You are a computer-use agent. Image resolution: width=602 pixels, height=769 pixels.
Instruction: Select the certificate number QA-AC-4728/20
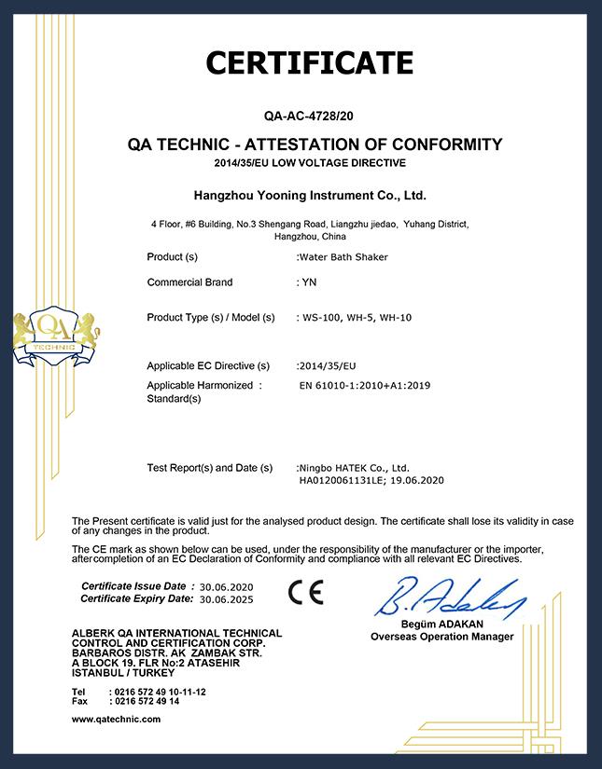point(309,118)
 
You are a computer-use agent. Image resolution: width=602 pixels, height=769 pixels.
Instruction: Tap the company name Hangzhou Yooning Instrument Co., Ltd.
point(309,197)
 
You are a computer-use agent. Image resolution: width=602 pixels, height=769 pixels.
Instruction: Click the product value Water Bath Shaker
point(343,256)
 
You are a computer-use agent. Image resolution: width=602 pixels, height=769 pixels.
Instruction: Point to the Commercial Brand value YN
point(304,282)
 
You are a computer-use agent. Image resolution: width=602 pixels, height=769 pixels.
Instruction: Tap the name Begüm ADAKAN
point(441,625)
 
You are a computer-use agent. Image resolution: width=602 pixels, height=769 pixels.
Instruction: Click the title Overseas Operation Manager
point(441,637)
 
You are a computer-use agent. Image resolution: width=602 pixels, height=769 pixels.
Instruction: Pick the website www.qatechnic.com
point(116,720)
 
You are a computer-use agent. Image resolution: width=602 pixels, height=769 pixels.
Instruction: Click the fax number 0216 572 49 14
point(147,700)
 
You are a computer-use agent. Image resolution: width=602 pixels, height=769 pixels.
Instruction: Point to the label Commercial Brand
point(190,282)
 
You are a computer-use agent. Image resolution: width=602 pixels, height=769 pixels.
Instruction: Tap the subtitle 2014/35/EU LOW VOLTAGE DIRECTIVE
point(309,163)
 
